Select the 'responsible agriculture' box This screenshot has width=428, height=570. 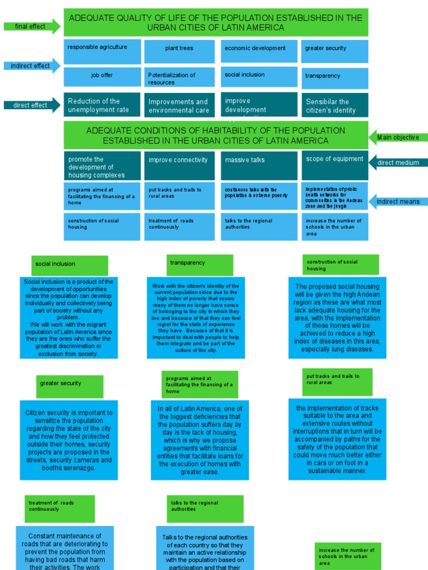(x=102, y=51)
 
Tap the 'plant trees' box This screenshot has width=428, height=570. (x=179, y=51)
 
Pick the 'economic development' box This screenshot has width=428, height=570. (x=259, y=51)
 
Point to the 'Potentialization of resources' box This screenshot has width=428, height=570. (x=179, y=78)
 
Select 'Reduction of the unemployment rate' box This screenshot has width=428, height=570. (x=102, y=105)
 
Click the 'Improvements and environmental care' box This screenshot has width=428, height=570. (x=179, y=105)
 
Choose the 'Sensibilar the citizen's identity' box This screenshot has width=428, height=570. (x=334, y=105)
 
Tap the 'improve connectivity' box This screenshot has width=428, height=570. (x=179, y=165)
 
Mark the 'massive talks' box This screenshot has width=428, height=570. (x=259, y=165)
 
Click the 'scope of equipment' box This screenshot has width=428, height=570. (x=334, y=165)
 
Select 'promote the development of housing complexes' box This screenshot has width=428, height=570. (x=102, y=166)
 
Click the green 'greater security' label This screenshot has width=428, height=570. (x=70, y=386)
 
